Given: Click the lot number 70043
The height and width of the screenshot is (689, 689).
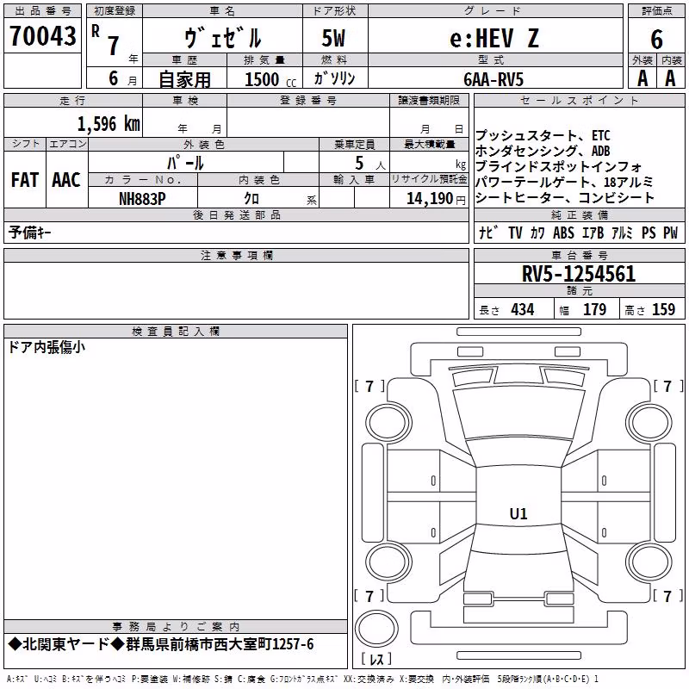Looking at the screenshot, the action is pos(42,35).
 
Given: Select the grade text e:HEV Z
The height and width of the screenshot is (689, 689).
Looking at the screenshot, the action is pos(494,38).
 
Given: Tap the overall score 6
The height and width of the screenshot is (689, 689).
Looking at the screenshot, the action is pos(656,39).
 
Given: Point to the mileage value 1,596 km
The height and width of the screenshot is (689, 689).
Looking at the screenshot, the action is pos(109,124).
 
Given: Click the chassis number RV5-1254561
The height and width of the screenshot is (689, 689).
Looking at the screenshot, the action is pos(579,274).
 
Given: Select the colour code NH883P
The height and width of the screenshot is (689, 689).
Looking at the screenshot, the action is pos(142,199).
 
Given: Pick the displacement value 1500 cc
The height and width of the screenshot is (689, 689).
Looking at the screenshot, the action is pos(270,79).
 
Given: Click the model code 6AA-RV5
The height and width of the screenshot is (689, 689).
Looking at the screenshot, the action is pos(493,79).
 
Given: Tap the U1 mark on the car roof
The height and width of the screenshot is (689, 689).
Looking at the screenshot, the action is pos(518,513).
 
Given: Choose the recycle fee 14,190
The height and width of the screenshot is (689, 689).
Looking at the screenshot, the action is pos(429,199).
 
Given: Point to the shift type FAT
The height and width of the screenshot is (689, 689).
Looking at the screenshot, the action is pos(25,180).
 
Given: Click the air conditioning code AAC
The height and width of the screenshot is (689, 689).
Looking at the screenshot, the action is pos(66,180).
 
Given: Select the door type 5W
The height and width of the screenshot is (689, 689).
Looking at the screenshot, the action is pos(333,38).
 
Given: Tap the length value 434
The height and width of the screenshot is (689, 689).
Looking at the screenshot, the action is pos(523,309).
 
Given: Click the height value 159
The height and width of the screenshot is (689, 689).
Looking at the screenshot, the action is pos(663,309).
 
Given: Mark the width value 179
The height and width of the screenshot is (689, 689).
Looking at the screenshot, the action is pos(594,309).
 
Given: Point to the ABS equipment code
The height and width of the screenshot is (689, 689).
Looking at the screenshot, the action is pos(563,233).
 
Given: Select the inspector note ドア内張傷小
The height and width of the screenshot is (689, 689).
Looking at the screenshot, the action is pos(47,348).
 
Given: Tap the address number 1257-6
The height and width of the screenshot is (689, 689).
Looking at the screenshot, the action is pos(293,644).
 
